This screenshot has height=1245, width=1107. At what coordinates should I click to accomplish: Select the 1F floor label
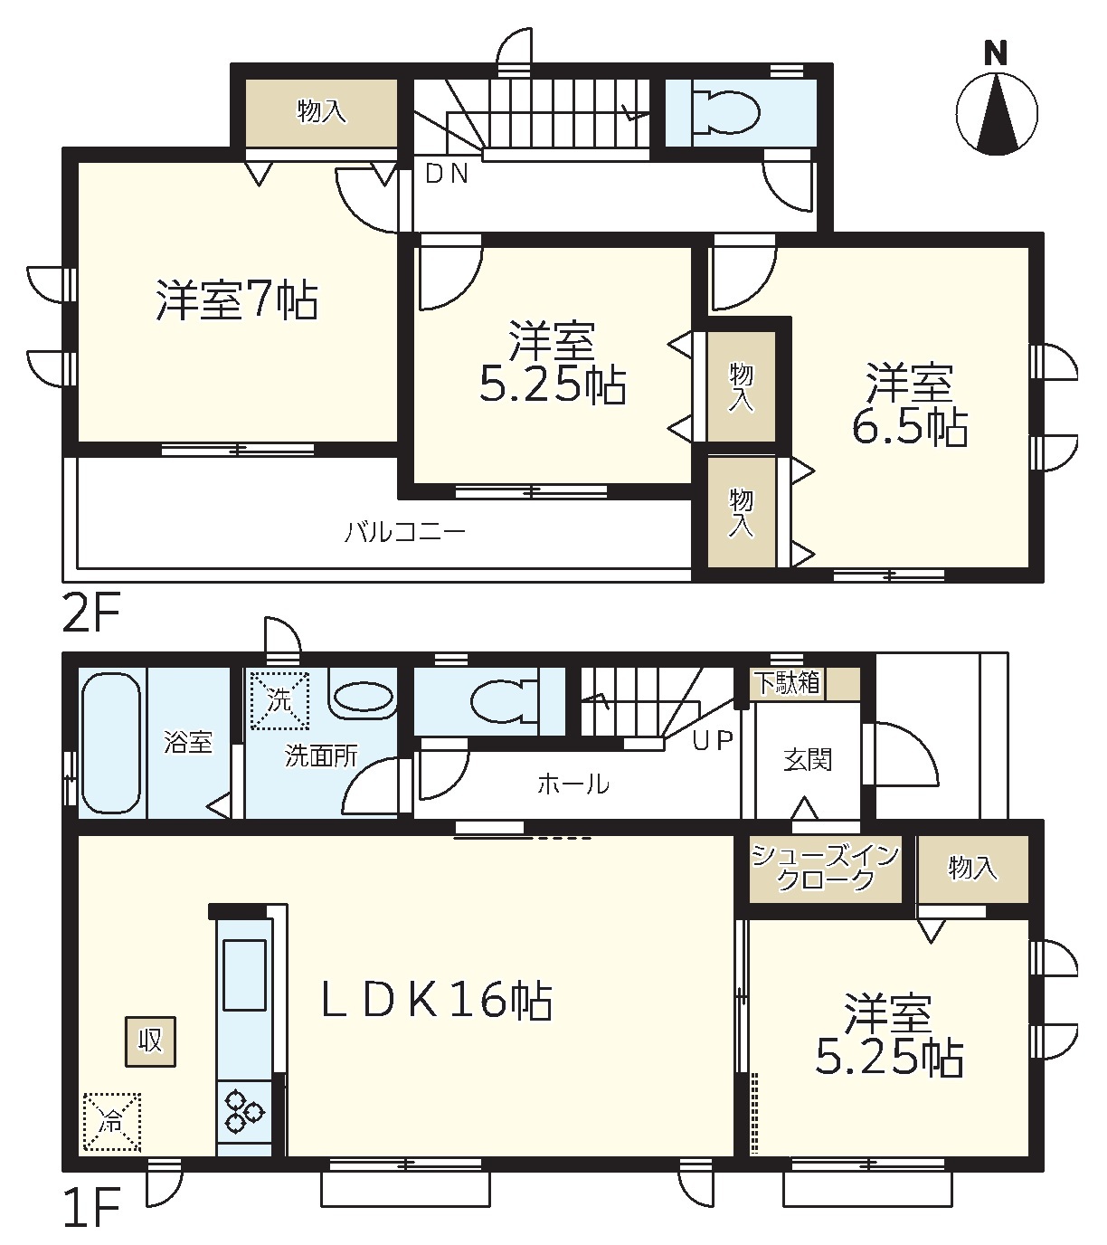pyautogui.click(x=90, y=1207)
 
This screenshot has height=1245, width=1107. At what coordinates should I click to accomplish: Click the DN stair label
pyautogui.click(x=447, y=174)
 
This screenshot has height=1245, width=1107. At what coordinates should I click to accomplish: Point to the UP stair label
pyautogui.click(x=713, y=740)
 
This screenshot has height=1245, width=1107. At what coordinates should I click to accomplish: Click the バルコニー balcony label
pyautogui.click(x=405, y=531)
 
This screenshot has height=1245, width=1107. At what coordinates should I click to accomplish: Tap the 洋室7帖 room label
pyautogui.click(x=237, y=300)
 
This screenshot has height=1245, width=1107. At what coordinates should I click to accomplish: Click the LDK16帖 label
pyautogui.click(x=437, y=1001)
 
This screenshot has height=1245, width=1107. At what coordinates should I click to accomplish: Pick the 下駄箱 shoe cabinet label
pyautogui.click(x=788, y=683)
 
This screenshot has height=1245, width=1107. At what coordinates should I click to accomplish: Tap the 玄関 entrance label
pyautogui.click(x=808, y=760)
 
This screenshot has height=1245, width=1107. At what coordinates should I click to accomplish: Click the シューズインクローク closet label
pyautogui.click(x=825, y=868)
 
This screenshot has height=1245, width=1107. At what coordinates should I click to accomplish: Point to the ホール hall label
pyautogui.click(x=573, y=784)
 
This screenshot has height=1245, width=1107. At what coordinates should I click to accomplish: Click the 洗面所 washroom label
pyautogui.click(x=321, y=756)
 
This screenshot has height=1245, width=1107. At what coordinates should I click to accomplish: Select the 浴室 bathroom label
pyautogui.click(x=188, y=742)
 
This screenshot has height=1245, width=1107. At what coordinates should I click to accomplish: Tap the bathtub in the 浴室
pyautogui.click(x=111, y=744)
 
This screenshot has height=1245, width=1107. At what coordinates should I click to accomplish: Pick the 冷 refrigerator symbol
pyautogui.click(x=112, y=1122)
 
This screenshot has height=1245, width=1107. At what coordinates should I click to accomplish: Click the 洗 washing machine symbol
pyautogui.click(x=279, y=700)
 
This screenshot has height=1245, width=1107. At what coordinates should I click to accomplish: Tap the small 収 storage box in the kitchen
pyautogui.click(x=150, y=1041)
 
